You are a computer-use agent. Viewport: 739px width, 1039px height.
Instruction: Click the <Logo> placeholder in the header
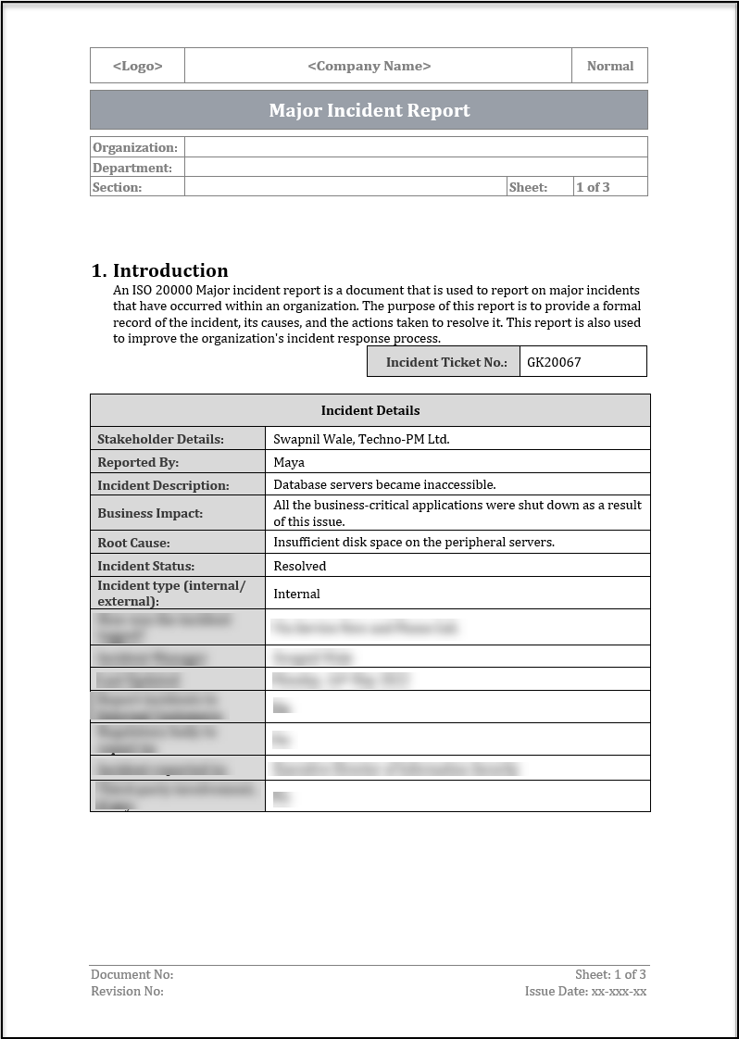(x=137, y=66)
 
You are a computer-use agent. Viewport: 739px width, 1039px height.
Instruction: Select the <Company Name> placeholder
(x=369, y=66)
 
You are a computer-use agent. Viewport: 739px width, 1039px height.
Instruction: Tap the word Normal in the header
(x=610, y=66)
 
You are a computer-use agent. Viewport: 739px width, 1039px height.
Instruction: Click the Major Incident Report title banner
(x=369, y=110)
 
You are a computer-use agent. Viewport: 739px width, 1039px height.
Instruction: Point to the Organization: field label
(x=134, y=147)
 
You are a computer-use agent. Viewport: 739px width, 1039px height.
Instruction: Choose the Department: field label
(x=132, y=168)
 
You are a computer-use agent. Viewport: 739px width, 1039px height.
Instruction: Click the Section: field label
(x=118, y=187)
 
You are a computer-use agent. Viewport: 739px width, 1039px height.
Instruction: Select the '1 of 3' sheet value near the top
(x=593, y=187)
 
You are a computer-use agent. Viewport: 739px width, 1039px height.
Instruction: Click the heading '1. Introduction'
(x=160, y=270)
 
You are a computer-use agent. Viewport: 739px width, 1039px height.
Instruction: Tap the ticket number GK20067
(x=554, y=362)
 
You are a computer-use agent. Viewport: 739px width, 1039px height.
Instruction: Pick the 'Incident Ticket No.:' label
(x=446, y=362)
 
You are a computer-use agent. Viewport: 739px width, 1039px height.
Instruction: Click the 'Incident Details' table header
(x=369, y=410)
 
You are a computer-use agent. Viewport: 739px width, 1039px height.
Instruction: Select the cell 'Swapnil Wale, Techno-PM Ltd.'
(x=361, y=439)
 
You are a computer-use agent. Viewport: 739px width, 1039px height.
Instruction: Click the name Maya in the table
(x=289, y=462)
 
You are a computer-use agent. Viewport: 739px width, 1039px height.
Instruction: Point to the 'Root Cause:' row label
(x=133, y=543)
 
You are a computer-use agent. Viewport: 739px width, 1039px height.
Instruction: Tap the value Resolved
(x=300, y=566)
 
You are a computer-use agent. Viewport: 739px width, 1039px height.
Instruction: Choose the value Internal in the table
(x=296, y=594)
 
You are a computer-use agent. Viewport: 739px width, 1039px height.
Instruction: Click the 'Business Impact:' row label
(x=150, y=513)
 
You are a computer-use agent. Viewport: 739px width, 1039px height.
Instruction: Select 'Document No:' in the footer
(x=132, y=974)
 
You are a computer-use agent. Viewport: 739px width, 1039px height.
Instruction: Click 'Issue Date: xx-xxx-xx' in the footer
(x=585, y=991)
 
